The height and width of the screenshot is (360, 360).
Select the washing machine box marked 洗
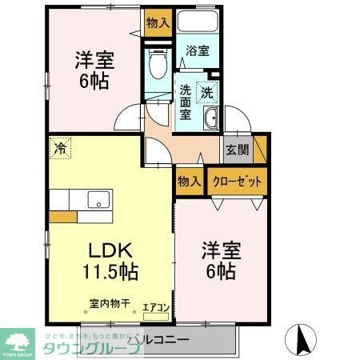point(206,92)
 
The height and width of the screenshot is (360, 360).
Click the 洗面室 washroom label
point(185,102)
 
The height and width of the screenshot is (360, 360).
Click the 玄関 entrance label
point(237,150)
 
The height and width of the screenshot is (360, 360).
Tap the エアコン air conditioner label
point(155,307)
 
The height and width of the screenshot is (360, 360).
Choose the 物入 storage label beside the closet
point(189,181)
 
